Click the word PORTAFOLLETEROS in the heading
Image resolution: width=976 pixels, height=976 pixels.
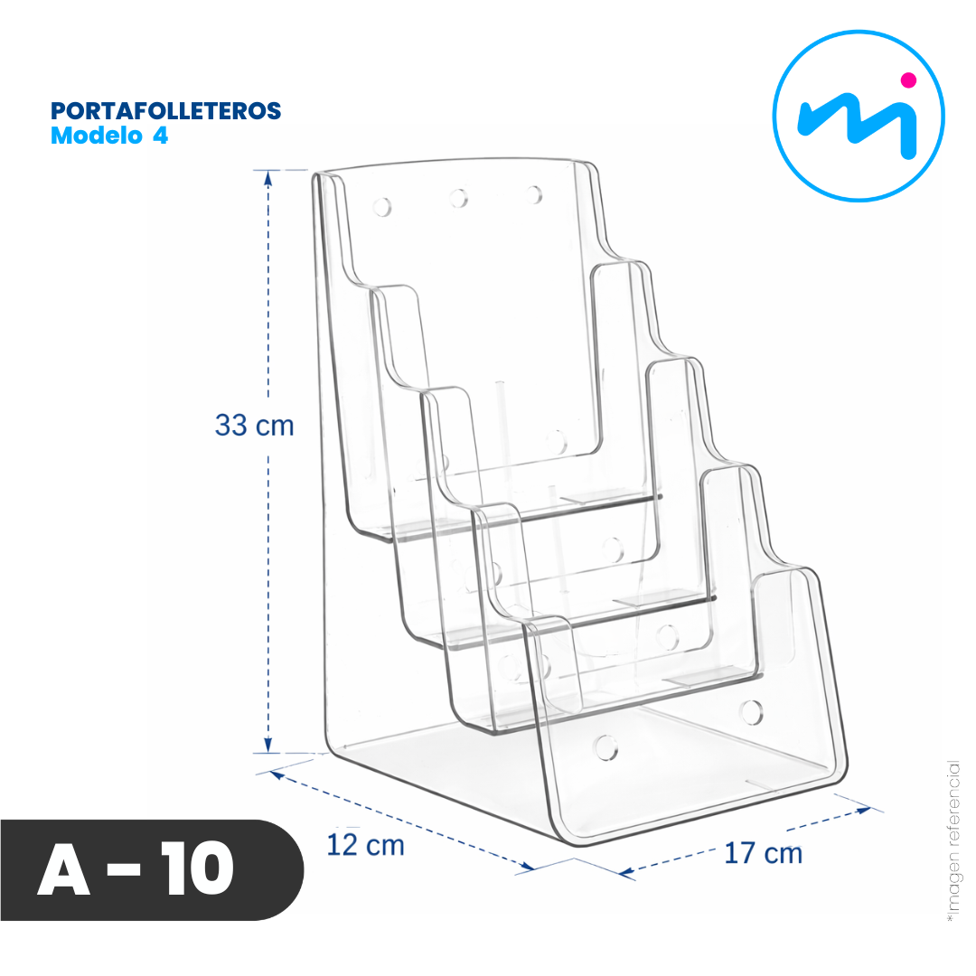(x=165, y=111)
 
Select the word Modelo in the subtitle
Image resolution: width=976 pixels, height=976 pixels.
(x=97, y=136)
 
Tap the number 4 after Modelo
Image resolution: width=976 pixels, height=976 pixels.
(x=161, y=136)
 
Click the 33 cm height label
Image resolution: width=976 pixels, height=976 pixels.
(x=254, y=426)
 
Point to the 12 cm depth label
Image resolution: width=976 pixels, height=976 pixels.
(x=365, y=845)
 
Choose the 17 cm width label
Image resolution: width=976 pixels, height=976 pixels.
(x=763, y=853)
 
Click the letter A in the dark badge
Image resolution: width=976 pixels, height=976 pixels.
(x=63, y=869)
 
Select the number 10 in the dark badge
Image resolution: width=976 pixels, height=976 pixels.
(x=197, y=869)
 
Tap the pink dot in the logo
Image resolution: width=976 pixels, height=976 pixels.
(x=909, y=80)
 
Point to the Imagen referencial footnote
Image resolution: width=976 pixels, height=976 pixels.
(x=953, y=841)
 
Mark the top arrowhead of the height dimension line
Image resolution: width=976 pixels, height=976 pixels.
(x=268, y=179)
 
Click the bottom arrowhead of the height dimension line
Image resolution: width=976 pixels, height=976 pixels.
(x=268, y=745)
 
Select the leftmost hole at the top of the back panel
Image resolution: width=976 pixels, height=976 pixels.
(x=382, y=207)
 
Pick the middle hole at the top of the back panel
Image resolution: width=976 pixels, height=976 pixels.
(x=459, y=198)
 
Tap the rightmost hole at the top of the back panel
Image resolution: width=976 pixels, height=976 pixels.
(x=534, y=194)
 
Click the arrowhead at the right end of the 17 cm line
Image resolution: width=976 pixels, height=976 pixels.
(x=863, y=811)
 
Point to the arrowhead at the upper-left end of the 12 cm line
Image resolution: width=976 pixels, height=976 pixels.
(x=278, y=775)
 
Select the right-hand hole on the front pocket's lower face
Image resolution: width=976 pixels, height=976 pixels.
(x=752, y=712)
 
